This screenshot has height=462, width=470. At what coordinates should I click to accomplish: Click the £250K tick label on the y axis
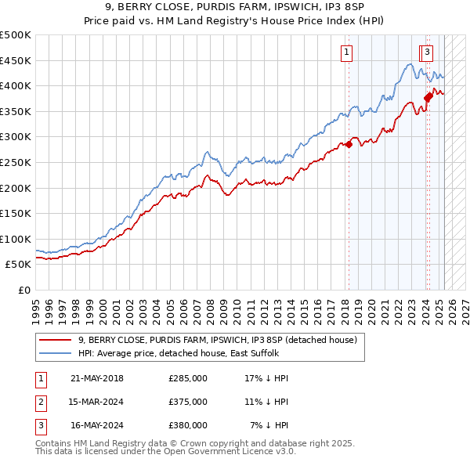click(x=16, y=162)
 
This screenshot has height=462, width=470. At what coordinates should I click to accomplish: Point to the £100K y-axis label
click(x=16, y=239)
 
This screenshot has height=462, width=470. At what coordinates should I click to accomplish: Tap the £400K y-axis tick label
click(x=16, y=85)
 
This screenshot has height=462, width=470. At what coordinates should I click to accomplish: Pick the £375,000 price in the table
click(x=188, y=402)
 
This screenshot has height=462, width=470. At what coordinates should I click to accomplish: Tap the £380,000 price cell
click(x=188, y=426)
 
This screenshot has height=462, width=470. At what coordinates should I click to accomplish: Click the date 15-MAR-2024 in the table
click(x=97, y=402)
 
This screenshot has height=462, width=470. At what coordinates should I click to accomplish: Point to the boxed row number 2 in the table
click(x=40, y=402)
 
